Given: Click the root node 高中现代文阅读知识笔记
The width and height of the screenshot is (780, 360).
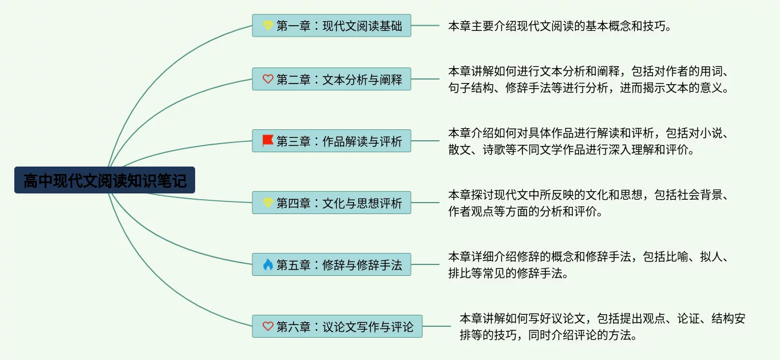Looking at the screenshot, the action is coord(105,180).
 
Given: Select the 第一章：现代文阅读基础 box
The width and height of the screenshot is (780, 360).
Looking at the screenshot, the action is coord(331,25).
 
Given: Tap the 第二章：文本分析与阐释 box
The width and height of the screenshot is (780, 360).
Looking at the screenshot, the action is coord(331,79).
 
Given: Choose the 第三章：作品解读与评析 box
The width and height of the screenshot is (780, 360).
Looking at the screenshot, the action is coord(331,141).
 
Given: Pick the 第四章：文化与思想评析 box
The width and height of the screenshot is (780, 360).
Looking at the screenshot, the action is coord(331,203).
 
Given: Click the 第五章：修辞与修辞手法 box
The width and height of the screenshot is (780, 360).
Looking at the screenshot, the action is coord(331,264).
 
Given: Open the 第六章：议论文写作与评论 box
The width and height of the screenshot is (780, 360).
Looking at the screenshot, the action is coord(337,326).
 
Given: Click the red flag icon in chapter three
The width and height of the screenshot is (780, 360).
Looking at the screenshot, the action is coord(267,141).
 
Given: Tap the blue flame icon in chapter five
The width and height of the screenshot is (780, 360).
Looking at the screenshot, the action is coord(268,264).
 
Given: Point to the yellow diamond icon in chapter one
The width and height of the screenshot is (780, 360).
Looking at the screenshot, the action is coord(268,25).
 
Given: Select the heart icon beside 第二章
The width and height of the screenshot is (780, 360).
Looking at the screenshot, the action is coord(268,79).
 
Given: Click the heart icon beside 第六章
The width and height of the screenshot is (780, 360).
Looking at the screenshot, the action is coord(268,326).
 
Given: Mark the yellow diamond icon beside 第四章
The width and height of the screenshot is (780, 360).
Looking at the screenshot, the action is coord(268,203).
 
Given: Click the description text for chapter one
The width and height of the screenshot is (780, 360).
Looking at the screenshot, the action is coord(560,26).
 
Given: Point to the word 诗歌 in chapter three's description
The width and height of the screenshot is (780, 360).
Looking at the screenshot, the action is coord(494,150).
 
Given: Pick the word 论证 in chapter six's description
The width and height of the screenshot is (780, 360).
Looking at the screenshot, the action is coord(688,319).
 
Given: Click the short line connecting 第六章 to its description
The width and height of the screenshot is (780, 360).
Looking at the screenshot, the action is coord(437,326).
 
